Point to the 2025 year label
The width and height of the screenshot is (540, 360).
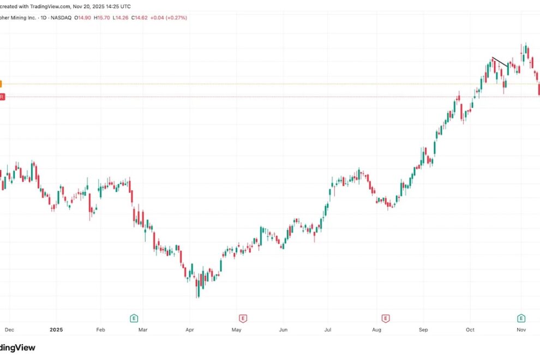pos(57,329)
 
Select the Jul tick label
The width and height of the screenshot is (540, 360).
pos(328,329)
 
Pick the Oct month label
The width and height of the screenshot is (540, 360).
pos(470,329)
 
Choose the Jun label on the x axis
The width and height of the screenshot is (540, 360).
pos(283,329)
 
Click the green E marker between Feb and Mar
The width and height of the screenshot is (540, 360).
pos(133,318)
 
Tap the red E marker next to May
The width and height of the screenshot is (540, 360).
pos(243,318)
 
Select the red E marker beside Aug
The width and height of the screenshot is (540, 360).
pos(386,318)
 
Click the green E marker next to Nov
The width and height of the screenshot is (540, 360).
pos(521,318)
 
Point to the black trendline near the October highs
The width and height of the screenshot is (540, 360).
pos(500,62)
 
